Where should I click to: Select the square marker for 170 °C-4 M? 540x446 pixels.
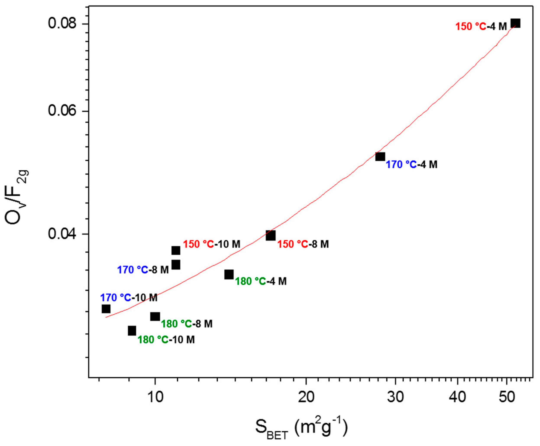click(x=380, y=156)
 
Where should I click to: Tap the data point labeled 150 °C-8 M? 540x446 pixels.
click(x=271, y=235)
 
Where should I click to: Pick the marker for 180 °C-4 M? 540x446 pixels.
click(x=229, y=274)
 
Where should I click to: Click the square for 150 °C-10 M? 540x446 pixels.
click(x=176, y=250)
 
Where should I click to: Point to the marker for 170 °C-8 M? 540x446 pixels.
click(x=176, y=265)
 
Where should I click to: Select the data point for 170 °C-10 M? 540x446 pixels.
click(x=106, y=309)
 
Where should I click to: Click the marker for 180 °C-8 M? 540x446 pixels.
click(x=155, y=316)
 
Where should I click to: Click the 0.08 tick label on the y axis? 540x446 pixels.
click(x=63, y=24)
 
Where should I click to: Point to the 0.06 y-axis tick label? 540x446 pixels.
click(x=63, y=111)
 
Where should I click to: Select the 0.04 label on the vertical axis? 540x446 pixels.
click(x=63, y=234)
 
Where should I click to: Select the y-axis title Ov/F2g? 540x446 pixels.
click(x=17, y=198)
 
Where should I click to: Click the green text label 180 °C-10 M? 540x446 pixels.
click(x=166, y=340)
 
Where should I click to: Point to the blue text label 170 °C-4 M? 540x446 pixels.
click(x=412, y=165)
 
